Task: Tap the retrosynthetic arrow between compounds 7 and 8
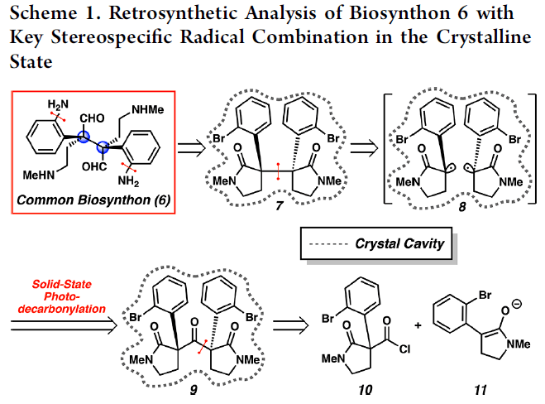pyautogui.click(x=361, y=148)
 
